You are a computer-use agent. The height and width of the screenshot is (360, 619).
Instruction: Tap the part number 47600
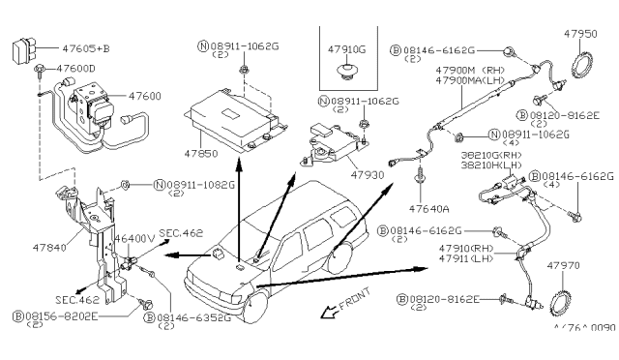pos(126,99)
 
